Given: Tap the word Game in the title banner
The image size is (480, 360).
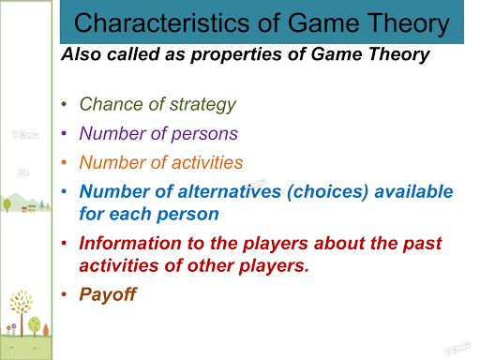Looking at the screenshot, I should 322,23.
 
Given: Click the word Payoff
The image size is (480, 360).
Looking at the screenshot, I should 108,294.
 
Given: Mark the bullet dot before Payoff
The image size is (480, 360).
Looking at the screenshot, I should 64,295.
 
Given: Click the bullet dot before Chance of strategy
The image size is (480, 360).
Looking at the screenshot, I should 64,105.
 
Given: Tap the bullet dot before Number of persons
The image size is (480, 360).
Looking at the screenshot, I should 64,134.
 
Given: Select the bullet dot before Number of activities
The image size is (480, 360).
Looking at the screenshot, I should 64,162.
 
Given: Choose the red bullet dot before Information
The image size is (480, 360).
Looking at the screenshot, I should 64,244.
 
